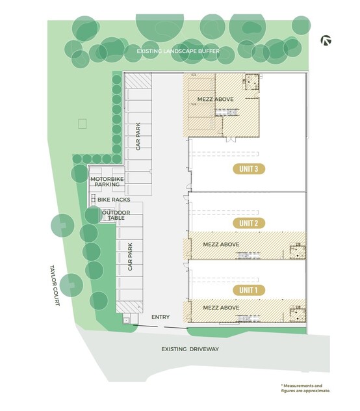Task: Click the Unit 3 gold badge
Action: (x=249, y=169)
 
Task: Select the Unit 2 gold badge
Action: (x=249, y=223)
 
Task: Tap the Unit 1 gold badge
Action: (x=249, y=290)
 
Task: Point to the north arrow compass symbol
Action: (x=326, y=40)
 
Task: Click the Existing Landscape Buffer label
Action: (x=178, y=51)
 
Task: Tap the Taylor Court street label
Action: (x=55, y=285)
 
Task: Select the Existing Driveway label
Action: (x=190, y=349)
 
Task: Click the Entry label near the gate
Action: (x=161, y=317)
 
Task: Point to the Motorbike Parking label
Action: (x=107, y=181)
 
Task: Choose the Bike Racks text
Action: (x=114, y=200)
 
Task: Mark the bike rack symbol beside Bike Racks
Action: (x=94, y=200)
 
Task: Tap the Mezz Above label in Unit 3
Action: (x=215, y=99)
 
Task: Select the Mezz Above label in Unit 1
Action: (x=221, y=308)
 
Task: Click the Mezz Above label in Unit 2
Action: (x=221, y=245)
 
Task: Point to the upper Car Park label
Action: (x=138, y=137)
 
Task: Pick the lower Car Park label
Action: (x=130, y=257)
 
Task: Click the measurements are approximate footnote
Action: (x=305, y=388)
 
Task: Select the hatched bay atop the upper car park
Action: (x=138, y=81)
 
